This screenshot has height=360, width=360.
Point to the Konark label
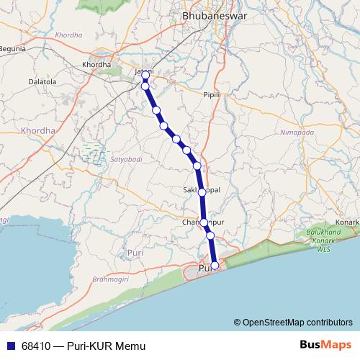[347, 222]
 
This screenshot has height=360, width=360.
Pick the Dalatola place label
[42, 82]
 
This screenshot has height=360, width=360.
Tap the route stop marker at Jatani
[145, 75]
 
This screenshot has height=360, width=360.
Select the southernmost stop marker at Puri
[215, 266]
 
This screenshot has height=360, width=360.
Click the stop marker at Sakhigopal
[202, 192]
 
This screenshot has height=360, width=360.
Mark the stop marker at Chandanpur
[204, 222]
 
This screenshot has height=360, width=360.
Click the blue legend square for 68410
[9, 346]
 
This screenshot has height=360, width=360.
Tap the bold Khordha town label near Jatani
[96, 64]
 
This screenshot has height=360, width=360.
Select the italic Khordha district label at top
[69, 35]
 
